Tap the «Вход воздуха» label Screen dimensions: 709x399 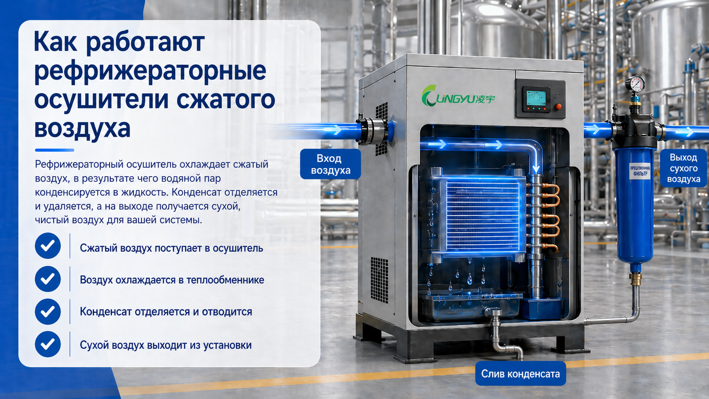click(330, 164)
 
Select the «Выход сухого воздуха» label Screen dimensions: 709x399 click(684, 168)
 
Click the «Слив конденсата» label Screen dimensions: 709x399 click(520, 374)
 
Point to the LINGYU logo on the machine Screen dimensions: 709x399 click(458, 96)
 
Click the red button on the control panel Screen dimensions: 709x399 click(558, 106)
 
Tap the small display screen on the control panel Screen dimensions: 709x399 click(536, 98)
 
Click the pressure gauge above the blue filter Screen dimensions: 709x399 click(635, 84)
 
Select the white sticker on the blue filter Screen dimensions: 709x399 click(640, 171)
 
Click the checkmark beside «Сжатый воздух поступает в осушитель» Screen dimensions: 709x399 click(48, 246)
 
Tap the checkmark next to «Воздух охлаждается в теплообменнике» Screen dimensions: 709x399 click(48, 279)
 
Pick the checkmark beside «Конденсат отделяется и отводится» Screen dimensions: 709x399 click(48, 312)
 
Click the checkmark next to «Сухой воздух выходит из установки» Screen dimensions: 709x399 click(48, 344)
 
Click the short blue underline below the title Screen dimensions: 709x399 click(54, 150)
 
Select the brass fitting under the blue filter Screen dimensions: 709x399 click(635, 279)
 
